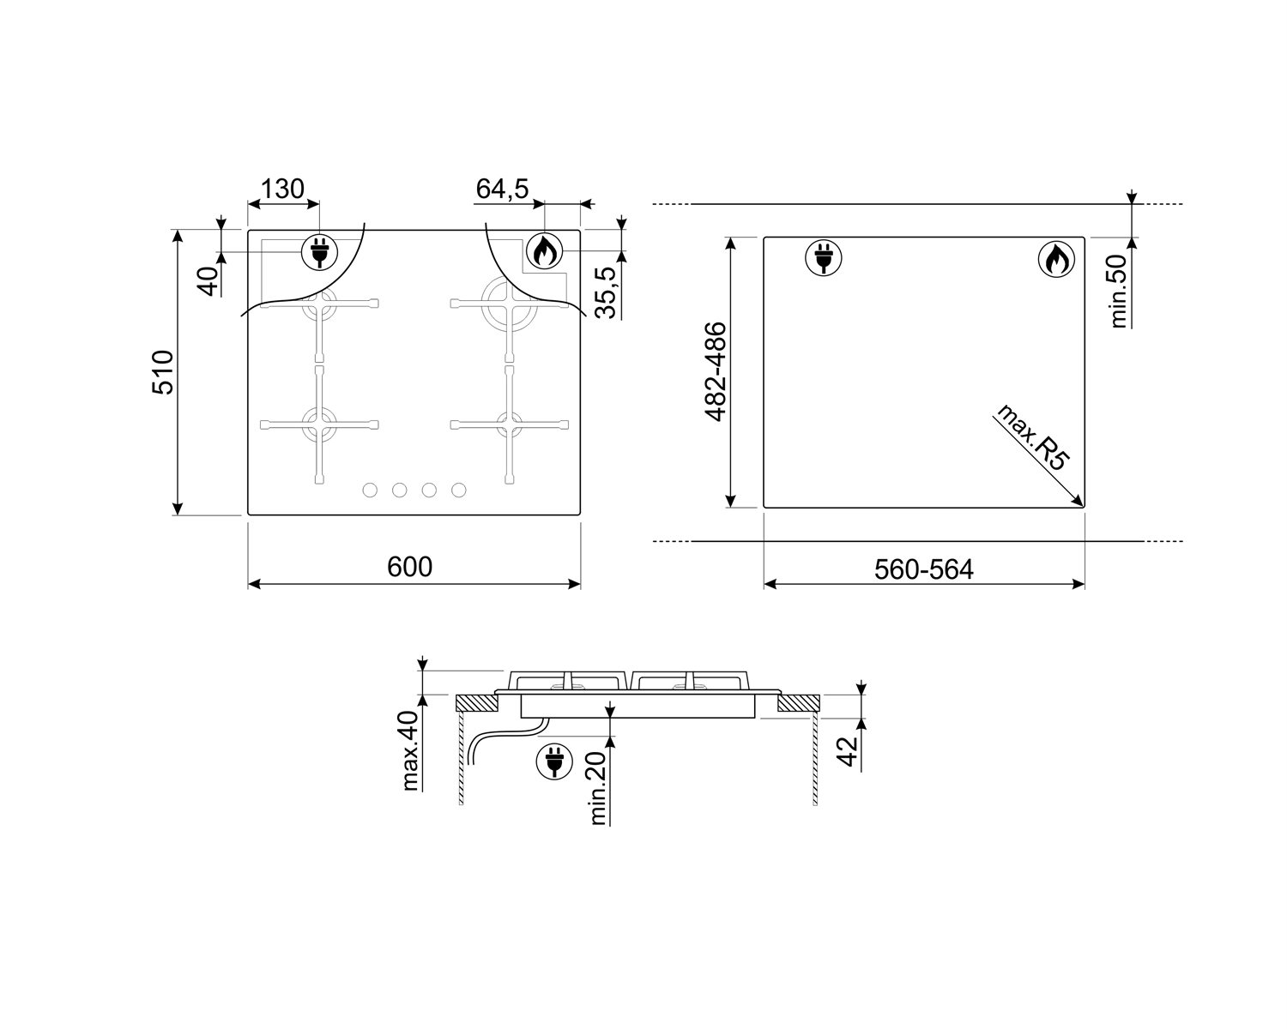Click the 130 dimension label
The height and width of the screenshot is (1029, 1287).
(x=282, y=189)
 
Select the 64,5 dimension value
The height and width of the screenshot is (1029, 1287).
(x=503, y=189)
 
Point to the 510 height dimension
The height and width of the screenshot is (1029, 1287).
(x=163, y=372)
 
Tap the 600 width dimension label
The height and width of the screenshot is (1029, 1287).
(x=409, y=567)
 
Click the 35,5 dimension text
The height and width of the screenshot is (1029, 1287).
(x=606, y=293)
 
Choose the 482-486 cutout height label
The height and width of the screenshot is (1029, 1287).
(x=716, y=372)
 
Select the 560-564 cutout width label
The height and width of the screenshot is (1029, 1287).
(x=924, y=569)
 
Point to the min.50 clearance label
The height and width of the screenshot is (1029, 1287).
(x=1118, y=292)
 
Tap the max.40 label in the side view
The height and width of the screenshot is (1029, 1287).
(x=410, y=751)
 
